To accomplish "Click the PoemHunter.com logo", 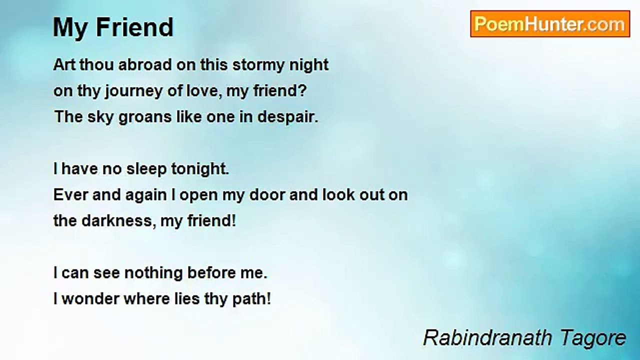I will tap(550, 24).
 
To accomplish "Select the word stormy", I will tap(259, 65).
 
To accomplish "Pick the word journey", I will tap(121, 91).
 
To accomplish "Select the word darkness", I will tap(115, 221).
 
